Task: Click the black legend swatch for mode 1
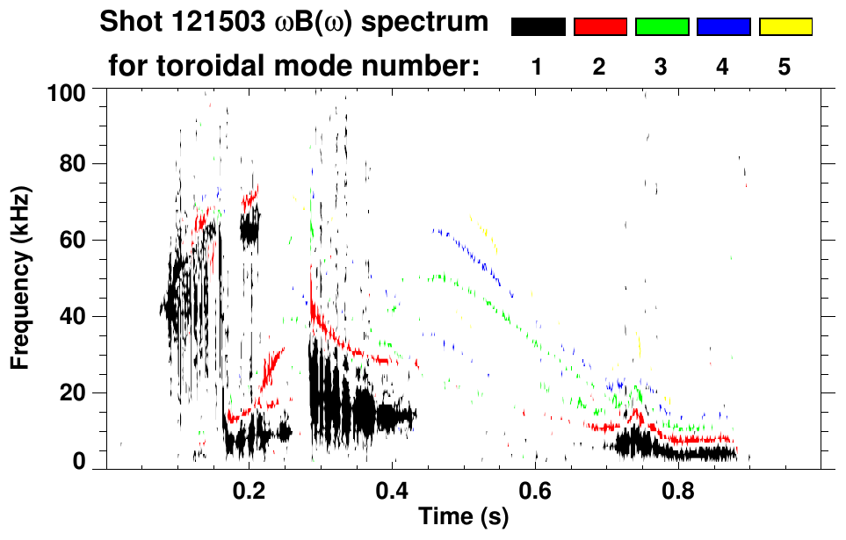click(538, 27)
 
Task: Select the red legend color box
click(599, 27)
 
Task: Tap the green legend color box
click(662, 27)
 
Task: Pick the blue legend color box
click(723, 27)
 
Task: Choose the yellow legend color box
click(785, 27)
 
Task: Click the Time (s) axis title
click(463, 518)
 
